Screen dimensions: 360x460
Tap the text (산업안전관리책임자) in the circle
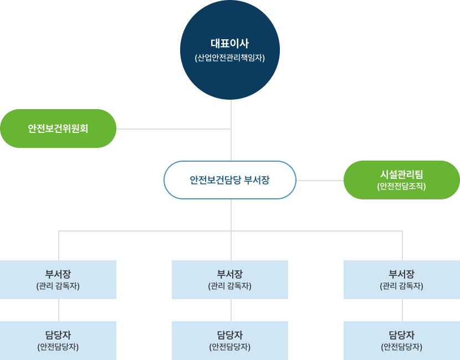click(x=230, y=58)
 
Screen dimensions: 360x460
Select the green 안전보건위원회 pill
click(x=58, y=128)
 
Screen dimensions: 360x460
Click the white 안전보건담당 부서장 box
click(x=230, y=180)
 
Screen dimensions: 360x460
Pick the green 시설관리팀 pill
click(x=402, y=180)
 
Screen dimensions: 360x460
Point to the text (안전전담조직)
click(x=402, y=187)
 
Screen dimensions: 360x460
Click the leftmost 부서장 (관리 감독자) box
click(x=58, y=280)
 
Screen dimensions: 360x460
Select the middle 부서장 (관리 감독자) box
click(x=230, y=280)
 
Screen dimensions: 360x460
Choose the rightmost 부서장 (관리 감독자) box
click(x=402, y=280)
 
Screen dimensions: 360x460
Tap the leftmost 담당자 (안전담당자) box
click(x=58, y=341)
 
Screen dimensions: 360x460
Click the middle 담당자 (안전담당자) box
click(x=230, y=341)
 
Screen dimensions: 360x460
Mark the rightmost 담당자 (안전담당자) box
click(x=402, y=341)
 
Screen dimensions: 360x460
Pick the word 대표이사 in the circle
click(x=230, y=43)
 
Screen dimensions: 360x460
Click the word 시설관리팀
click(x=402, y=174)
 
